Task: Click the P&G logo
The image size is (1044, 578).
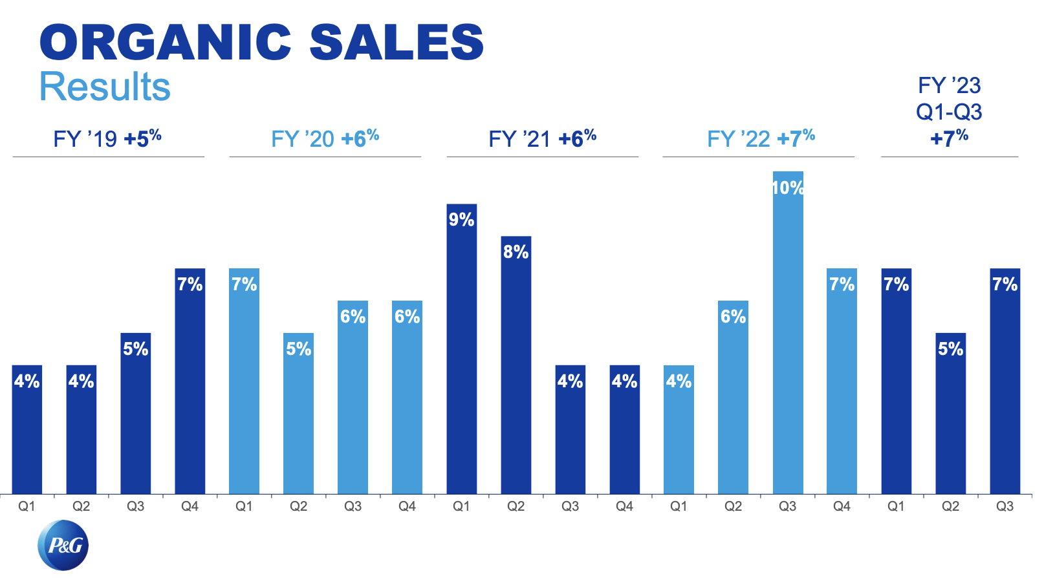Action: coord(63,545)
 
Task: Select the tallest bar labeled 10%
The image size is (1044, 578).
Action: coord(787,336)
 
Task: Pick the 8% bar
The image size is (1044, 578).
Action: coord(516,369)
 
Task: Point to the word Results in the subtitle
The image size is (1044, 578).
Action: coord(105,87)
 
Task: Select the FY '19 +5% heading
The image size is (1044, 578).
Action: coord(107,138)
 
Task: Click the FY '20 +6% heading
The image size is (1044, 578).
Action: coord(325,138)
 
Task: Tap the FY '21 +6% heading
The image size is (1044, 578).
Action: coord(542,138)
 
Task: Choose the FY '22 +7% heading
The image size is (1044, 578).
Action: coord(760,138)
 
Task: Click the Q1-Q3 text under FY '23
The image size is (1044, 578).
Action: coord(949,112)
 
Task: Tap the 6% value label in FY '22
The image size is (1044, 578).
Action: coord(733,316)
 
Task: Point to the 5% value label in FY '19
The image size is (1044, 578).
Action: coord(135,348)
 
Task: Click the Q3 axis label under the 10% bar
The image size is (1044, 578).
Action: coord(787,506)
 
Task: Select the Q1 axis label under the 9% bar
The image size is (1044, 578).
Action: coord(461,506)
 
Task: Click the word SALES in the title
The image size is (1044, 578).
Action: coord(397,43)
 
